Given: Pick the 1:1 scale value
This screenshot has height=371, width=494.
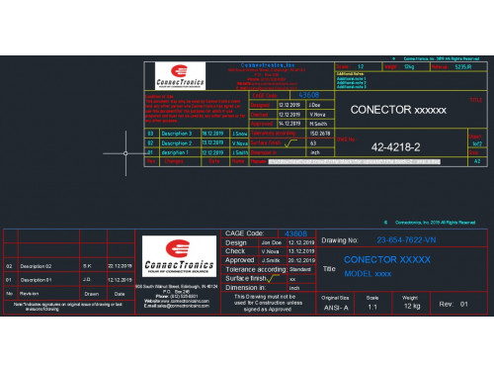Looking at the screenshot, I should [x=372, y=306].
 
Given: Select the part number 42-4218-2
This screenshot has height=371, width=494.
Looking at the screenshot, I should [x=395, y=147].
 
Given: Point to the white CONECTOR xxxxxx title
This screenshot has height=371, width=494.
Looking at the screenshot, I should [x=399, y=109].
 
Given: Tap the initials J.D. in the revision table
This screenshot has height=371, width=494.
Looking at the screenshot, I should [x=88, y=280].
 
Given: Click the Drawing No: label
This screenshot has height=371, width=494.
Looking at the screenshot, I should [x=339, y=240].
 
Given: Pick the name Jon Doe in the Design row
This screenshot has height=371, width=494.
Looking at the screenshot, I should [x=271, y=241].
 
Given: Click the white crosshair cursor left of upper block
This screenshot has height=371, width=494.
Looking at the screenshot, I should [x=125, y=152].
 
